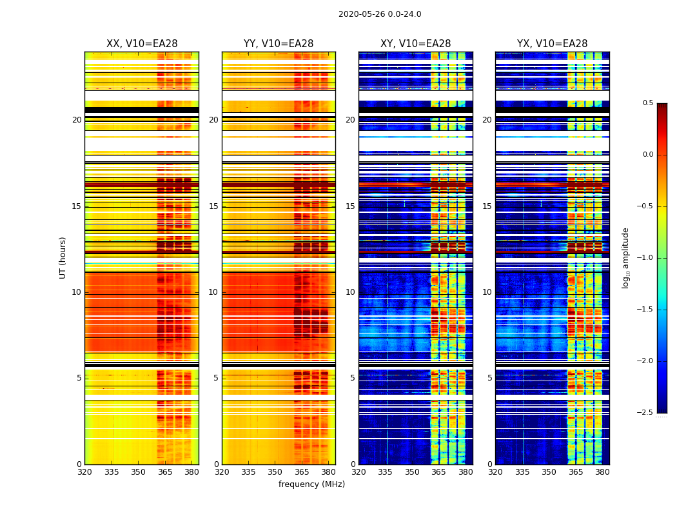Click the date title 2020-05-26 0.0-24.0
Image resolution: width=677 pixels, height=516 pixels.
(x=380, y=14)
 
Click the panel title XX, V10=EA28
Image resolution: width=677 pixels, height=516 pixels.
(x=142, y=44)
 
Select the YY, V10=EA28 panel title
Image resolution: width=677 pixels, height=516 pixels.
(x=279, y=44)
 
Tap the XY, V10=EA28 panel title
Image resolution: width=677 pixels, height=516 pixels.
(x=415, y=44)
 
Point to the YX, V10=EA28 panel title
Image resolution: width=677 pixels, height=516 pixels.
(x=552, y=44)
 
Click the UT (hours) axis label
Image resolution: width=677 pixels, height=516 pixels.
(x=63, y=257)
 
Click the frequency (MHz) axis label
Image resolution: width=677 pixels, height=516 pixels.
(x=311, y=484)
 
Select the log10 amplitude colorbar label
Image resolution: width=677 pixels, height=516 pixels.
(x=625, y=257)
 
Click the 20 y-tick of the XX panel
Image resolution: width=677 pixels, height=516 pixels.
(x=77, y=120)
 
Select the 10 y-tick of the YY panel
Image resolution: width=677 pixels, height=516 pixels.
(x=213, y=292)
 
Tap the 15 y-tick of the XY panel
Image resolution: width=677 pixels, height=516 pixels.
(x=350, y=206)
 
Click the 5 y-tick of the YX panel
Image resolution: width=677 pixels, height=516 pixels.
(x=489, y=378)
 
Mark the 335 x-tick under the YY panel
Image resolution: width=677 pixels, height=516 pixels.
(x=248, y=472)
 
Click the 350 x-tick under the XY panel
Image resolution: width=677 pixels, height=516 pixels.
(x=412, y=472)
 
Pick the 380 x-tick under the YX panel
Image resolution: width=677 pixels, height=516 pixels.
(x=602, y=472)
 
